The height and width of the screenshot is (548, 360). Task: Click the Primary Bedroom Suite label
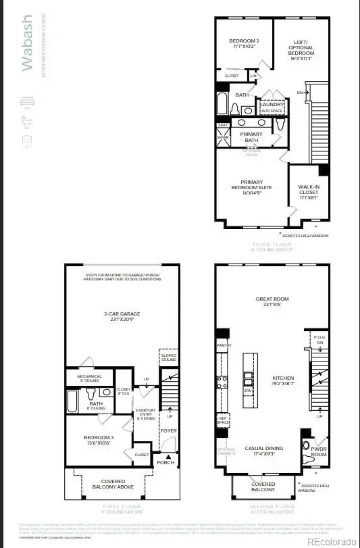coord(251,185)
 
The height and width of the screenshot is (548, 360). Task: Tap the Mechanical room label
coord(89,377)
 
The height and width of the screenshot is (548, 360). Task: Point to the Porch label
coord(165,462)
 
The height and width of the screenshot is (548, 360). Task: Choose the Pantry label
coord(224,345)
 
